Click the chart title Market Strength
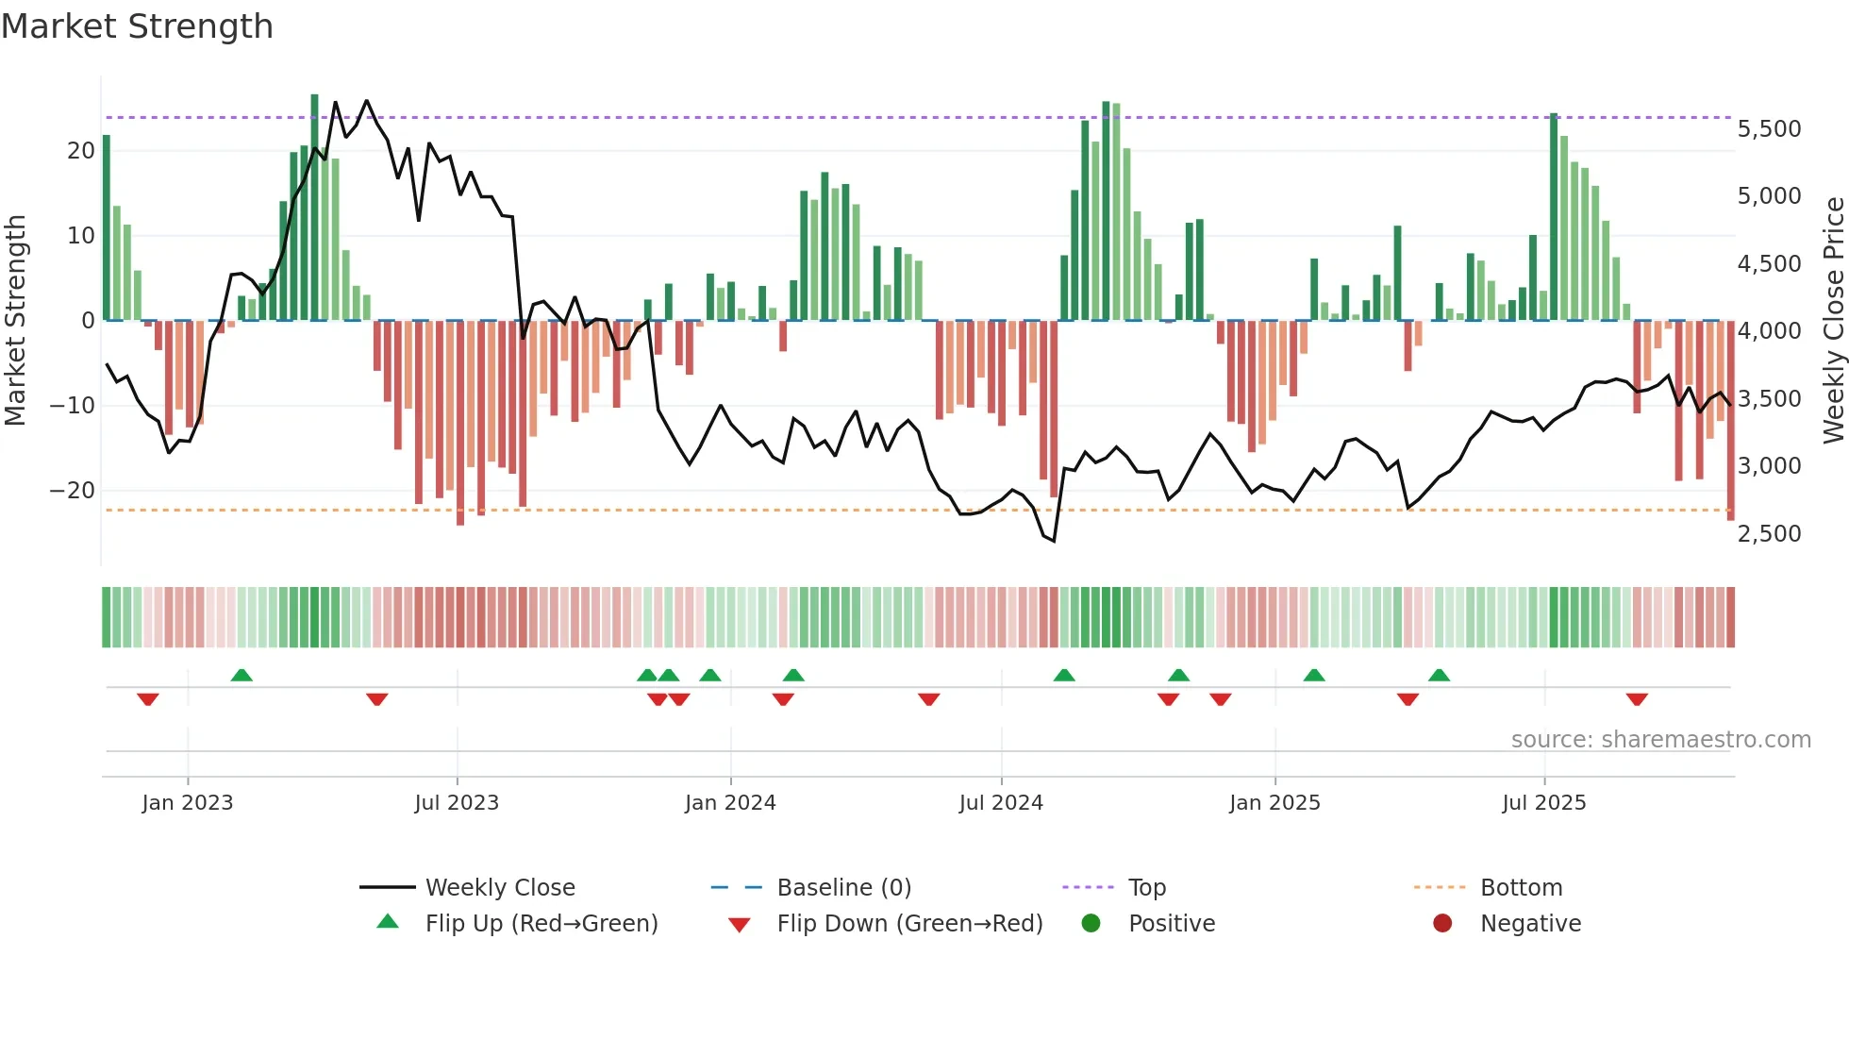click(x=137, y=26)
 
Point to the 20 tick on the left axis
click(x=81, y=151)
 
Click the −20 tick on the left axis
click(x=73, y=491)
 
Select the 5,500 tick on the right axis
click(x=1769, y=129)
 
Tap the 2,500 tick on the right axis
click(x=1769, y=534)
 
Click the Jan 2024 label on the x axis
click(x=730, y=803)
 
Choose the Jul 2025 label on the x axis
click(x=1543, y=803)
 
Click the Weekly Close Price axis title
click(x=1833, y=321)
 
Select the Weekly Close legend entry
click(x=499, y=888)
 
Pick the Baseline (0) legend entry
click(x=843, y=888)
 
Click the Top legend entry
click(x=1146, y=888)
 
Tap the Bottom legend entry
click(x=1521, y=888)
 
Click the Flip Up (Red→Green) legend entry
click(x=541, y=924)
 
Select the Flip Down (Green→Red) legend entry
click(x=909, y=924)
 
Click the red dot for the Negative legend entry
click(x=1441, y=924)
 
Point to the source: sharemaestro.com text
click(x=1660, y=740)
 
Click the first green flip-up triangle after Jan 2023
click(x=242, y=675)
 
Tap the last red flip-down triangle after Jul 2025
click(x=1637, y=699)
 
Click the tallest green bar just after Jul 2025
click(x=1554, y=217)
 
